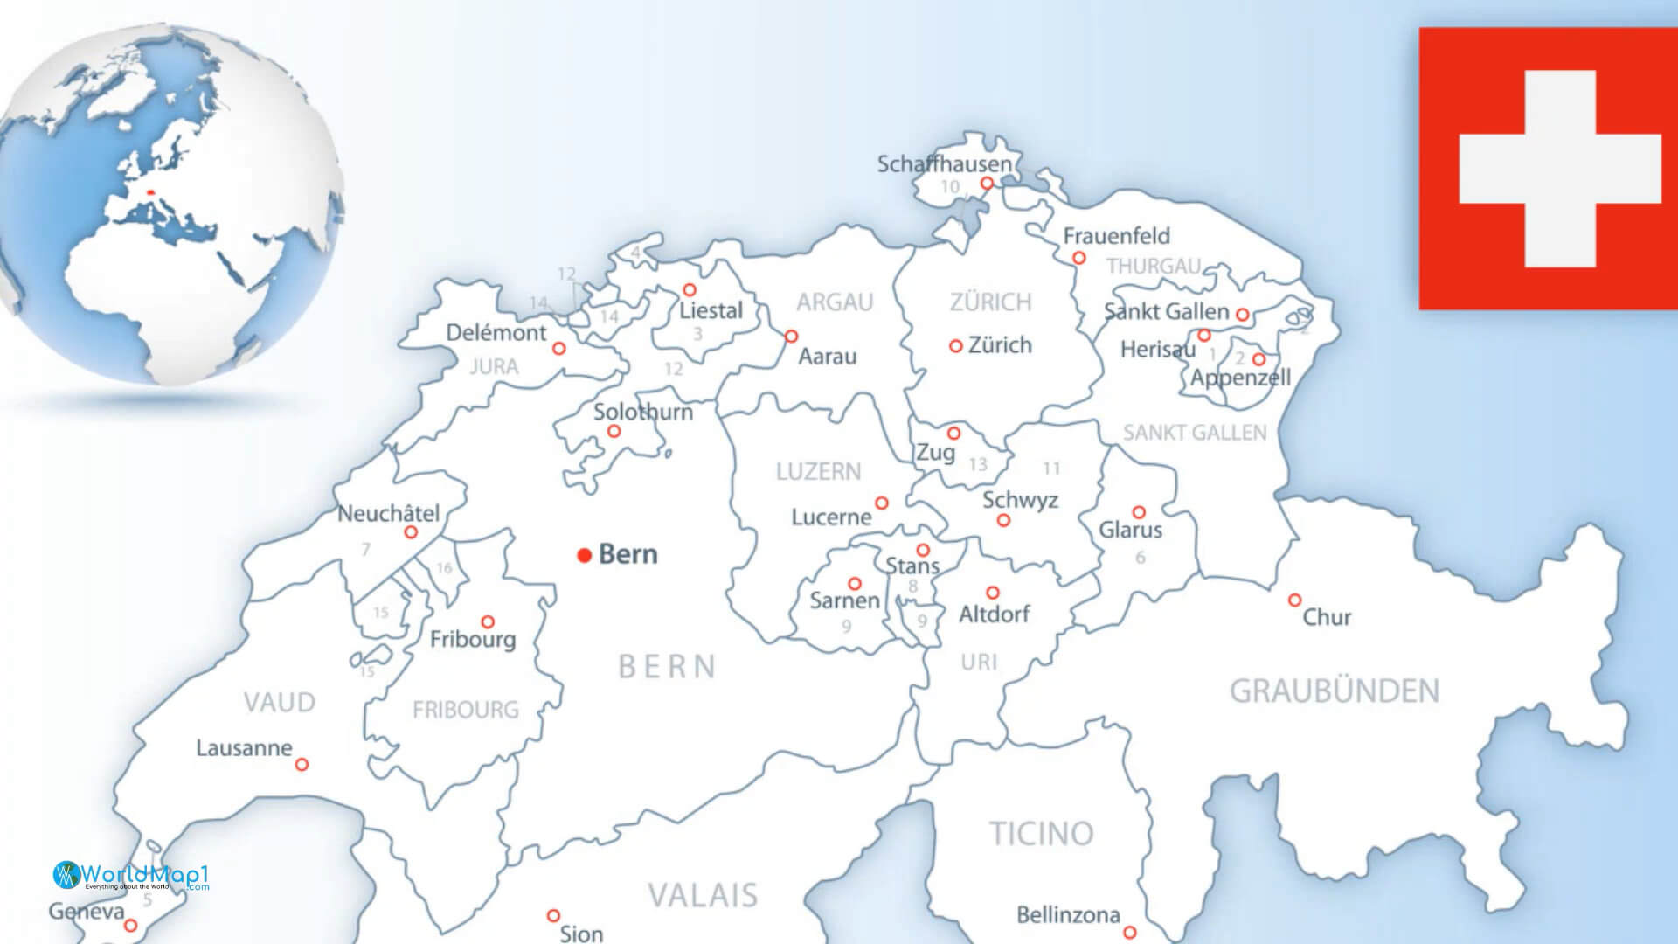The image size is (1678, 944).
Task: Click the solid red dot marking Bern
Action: [585, 555]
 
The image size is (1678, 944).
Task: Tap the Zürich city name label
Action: [1000, 345]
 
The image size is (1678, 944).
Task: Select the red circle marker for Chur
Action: [1294, 600]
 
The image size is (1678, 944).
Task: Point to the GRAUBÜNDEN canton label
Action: [1334, 691]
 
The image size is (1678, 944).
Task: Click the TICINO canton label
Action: [1041, 834]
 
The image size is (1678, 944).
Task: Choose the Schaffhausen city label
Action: [944, 163]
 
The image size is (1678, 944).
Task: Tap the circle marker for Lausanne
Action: [302, 764]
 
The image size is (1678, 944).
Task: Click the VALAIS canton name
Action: [703, 895]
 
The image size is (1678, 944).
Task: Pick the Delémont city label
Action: [496, 332]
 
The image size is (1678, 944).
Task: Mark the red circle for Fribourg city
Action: [488, 621]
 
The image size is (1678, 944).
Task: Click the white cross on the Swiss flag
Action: [1560, 169]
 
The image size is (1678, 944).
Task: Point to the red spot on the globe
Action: [150, 193]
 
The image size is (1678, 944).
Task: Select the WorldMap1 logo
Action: [131, 875]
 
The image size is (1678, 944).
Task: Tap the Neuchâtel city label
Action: [388, 513]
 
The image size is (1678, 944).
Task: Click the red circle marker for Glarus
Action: [1139, 512]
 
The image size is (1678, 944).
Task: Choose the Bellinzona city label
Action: [1067, 915]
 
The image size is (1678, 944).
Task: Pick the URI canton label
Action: [979, 663]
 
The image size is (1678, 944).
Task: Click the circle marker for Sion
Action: [553, 915]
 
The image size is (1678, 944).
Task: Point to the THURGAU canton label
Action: [1154, 266]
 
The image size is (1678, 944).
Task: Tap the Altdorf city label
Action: [994, 614]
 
